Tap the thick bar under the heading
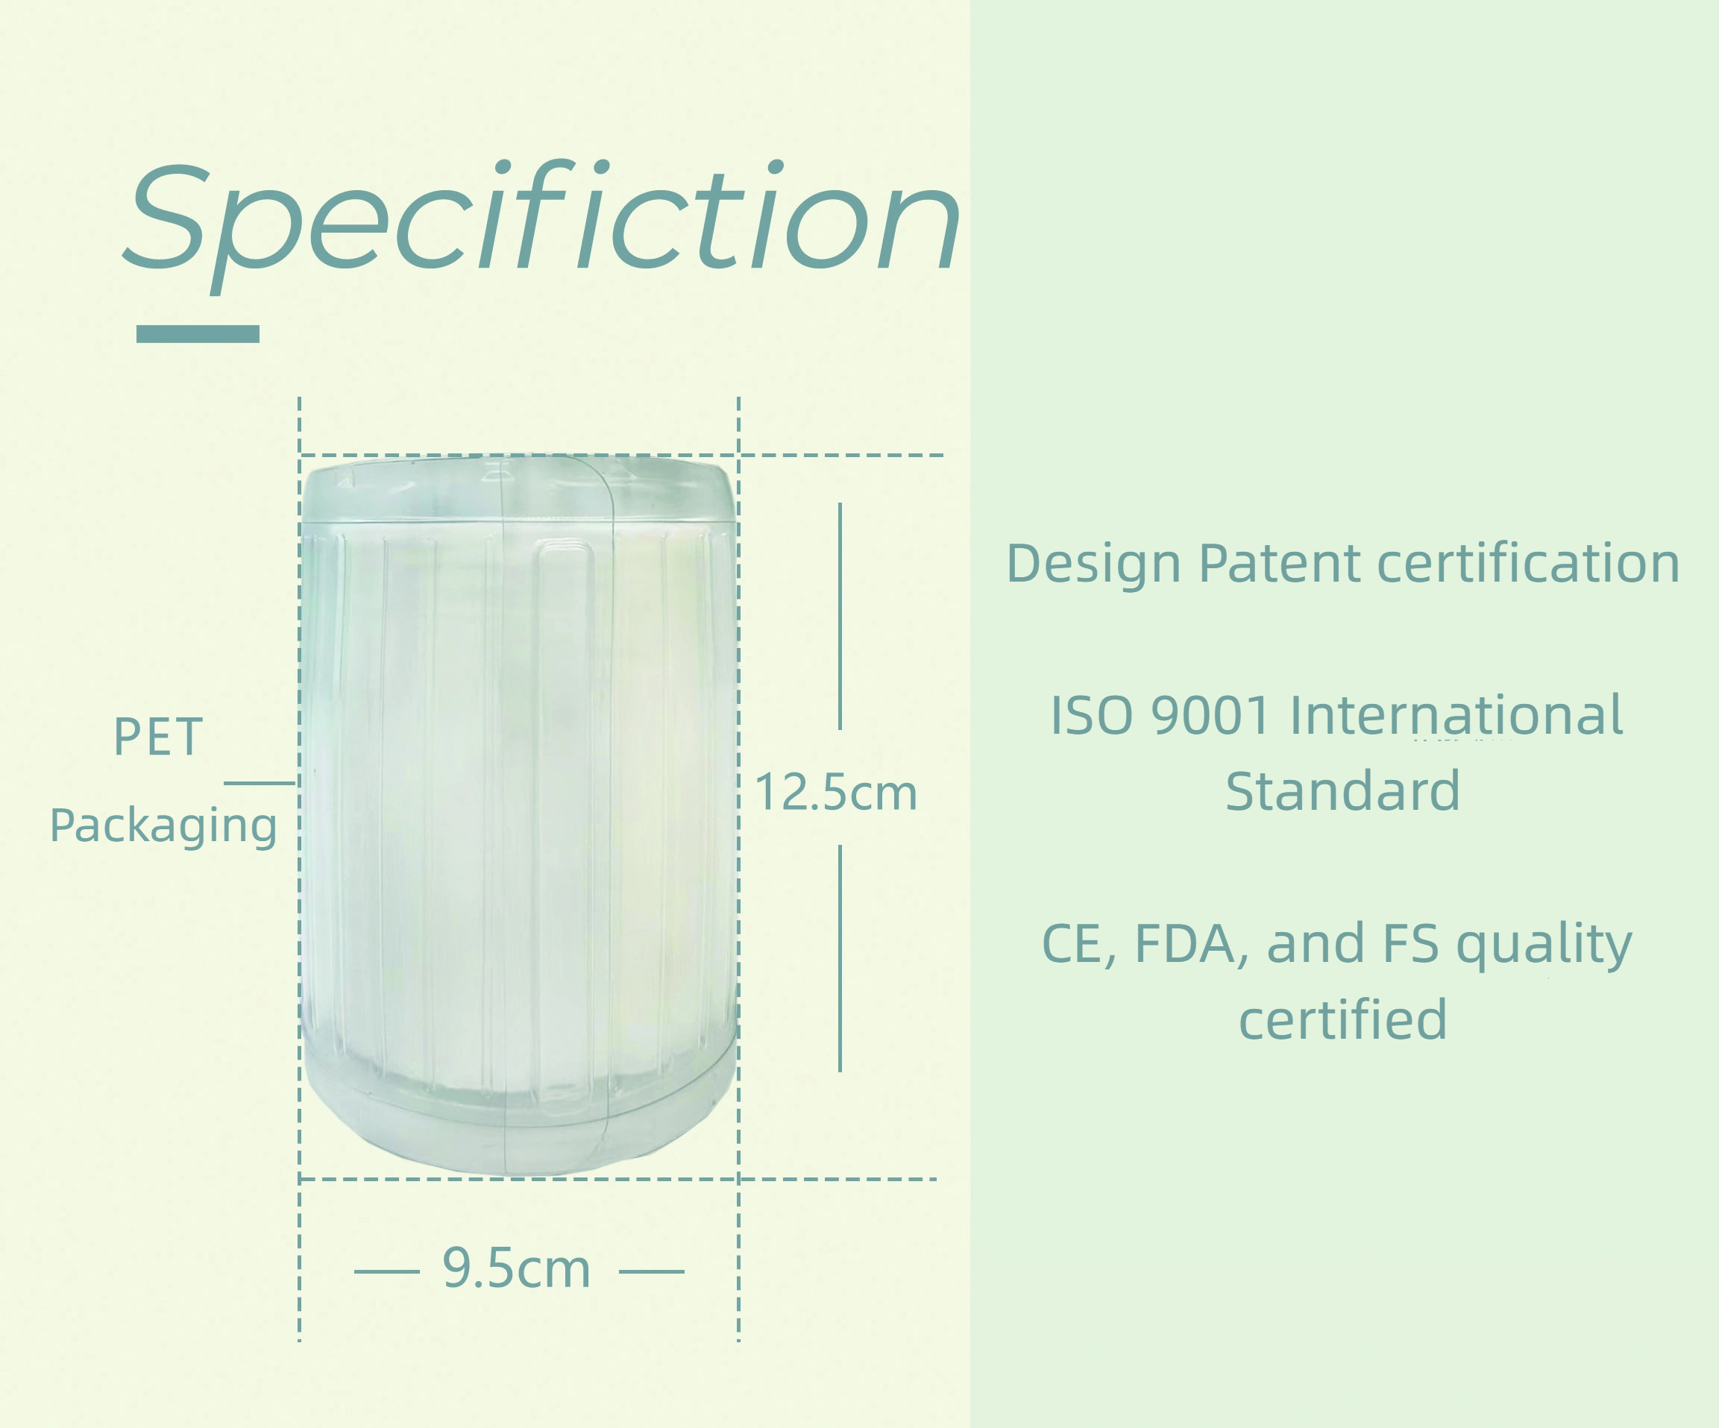pos(198,334)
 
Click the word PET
pos(158,737)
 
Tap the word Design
pos(1093,564)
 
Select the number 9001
pos(1210,715)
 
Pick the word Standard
pos(1342,790)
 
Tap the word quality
pos(1544,946)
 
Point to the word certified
pos(1342,1019)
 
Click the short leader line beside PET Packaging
pos(259,783)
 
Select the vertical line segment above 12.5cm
pos(840,616)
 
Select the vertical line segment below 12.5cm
pos(840,958)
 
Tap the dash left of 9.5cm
pos(386,1271)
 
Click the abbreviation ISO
pos(1090,715)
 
